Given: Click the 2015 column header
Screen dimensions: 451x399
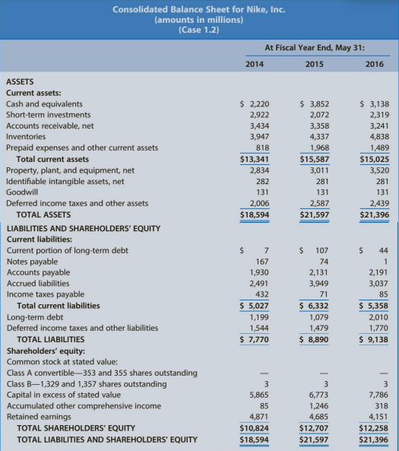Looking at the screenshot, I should [314, 64].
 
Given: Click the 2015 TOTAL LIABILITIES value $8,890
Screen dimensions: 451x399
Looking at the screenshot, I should [313, 339].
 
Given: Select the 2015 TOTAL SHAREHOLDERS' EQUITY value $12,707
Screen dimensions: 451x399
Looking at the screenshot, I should [313, 427].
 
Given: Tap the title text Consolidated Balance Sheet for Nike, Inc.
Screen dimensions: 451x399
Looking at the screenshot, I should [199, 9].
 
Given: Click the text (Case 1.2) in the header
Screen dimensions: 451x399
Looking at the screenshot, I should [199, 30].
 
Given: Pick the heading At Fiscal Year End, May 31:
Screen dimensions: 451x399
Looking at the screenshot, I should [314, 47].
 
